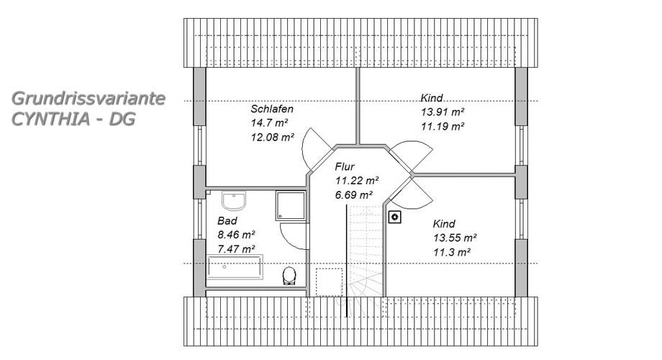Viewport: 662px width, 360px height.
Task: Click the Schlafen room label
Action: [x=272, y=109]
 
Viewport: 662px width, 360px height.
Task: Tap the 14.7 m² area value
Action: [x=269, y=123]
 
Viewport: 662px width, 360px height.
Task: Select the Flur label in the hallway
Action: [x=345, y=166]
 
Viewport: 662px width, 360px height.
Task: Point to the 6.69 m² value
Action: [x=354, y=195]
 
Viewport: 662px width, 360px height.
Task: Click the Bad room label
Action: [x=227, y=220]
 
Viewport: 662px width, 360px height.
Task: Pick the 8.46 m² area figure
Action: [x=237, y=235]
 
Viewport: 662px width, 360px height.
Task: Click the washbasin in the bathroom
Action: [x=234, y=201]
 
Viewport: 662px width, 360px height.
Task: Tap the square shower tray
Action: [x=291, y=205]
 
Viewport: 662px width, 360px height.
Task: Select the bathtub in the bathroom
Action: [x=235, y=267]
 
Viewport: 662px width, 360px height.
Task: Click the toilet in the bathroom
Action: [x=289, y=276]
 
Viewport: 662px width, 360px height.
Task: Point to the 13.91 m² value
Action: [x=443, y=112]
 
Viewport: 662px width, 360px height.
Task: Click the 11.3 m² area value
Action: [x=452, y=253]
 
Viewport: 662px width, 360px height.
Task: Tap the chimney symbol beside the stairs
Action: [x=395, y=217]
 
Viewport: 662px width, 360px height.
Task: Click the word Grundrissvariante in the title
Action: [x=89, y=99]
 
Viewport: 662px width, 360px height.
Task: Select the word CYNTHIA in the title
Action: [x=50, y=119]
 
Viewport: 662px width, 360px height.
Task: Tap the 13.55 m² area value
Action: [x=455, y=238]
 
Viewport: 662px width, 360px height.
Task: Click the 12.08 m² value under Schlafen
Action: [x=272, y=138]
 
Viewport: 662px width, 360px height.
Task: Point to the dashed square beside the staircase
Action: [x=330, y=282]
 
